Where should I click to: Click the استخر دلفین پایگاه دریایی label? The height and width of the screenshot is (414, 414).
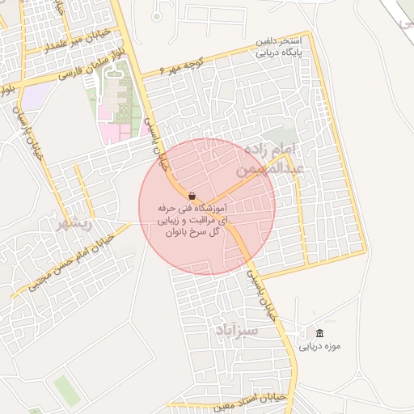(x=278, y=48)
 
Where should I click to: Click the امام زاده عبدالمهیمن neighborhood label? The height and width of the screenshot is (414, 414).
(x=273, y=159)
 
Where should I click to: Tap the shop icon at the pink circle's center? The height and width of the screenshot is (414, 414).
(x=192, y=196)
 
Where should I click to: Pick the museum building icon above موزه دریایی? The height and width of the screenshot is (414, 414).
(x=320, y=334)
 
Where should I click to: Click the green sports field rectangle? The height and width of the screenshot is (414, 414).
(x=67, y=391)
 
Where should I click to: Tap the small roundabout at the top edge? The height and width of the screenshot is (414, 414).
(x=157, y=15)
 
